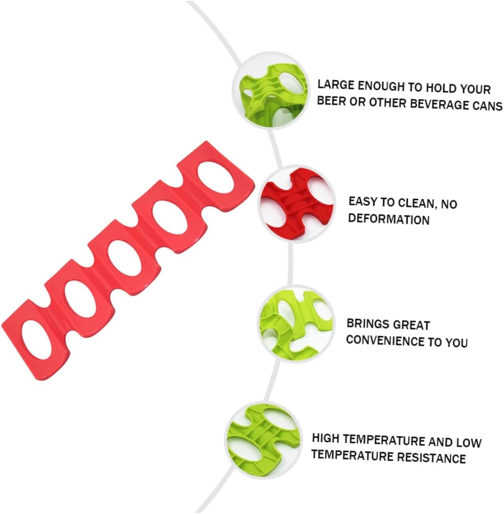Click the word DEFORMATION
pos(389,219)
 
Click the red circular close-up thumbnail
pos(297,204)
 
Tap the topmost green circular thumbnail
pos(271,91)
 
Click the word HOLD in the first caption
pos(441,88)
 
